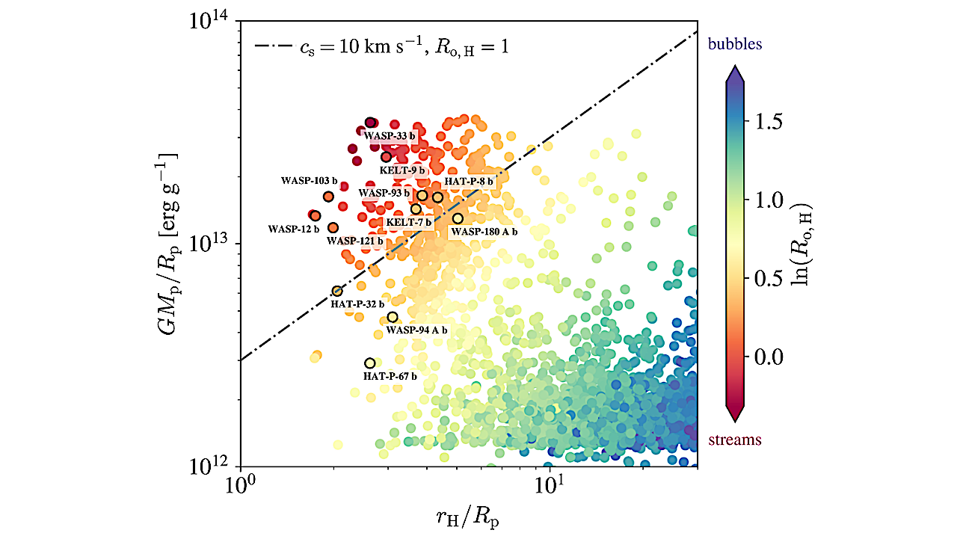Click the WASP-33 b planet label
pos(389,137)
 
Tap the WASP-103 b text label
pos(309,182)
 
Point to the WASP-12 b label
pos(293,229)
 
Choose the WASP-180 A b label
pos(483,232)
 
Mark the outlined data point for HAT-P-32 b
pos(337,291)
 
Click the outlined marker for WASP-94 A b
pos(393,317)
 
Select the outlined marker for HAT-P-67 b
pos(369,363)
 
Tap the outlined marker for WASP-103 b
pos(328,197)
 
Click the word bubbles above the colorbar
pos(735,44)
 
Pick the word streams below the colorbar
pos(735,440)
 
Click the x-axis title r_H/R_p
pos(467,516)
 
